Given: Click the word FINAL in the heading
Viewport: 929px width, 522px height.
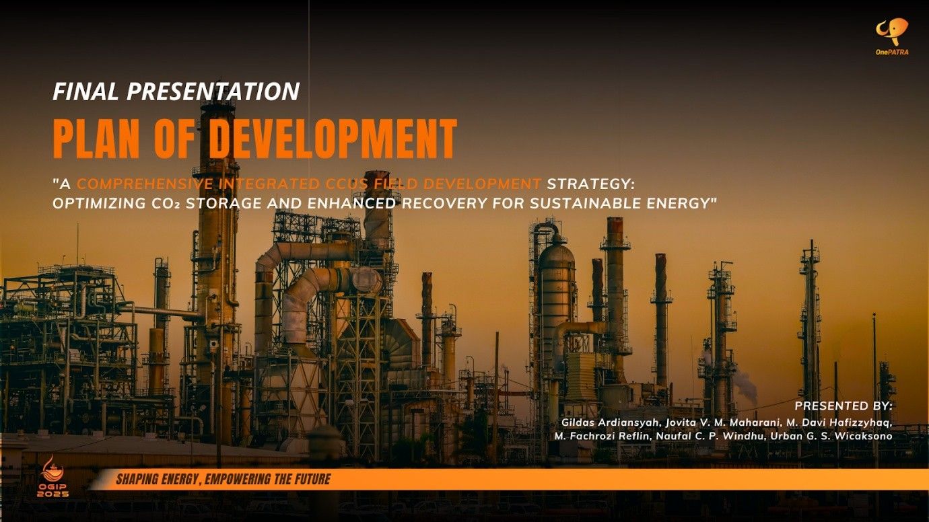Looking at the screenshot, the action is point(86,91).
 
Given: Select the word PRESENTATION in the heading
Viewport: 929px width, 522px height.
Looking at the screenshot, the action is point(213,91).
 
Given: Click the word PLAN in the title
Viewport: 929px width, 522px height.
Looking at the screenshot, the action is point(97,139).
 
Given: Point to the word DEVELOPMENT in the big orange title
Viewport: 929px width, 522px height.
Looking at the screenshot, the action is point(333,139).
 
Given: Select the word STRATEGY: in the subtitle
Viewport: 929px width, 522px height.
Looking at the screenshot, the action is point(590,184).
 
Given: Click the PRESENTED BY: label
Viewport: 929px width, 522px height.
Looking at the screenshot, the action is point(844,406).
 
